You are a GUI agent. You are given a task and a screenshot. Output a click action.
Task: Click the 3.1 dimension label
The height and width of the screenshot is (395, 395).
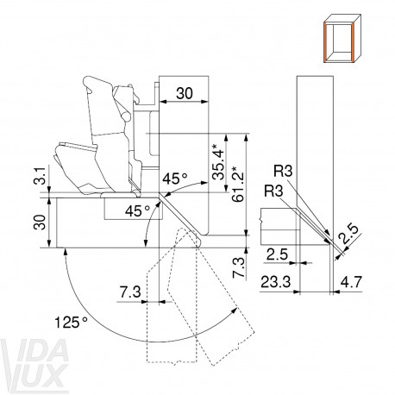41,175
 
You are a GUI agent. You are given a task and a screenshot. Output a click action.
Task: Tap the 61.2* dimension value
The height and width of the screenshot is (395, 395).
239,184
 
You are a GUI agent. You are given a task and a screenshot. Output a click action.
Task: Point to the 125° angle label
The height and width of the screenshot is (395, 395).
71,322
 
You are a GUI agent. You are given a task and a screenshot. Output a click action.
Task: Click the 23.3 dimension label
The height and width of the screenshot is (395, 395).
275,282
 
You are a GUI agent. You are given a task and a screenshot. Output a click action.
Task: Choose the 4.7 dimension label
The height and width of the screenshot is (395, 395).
351,282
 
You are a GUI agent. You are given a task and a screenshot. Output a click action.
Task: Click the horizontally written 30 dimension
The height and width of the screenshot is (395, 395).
185,93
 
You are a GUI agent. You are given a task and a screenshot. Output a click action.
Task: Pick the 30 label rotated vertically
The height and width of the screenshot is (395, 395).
41,222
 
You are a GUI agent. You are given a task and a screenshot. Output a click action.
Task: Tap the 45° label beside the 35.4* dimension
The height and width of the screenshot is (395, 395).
175,179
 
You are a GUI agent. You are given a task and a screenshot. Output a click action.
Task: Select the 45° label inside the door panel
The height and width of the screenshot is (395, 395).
137,211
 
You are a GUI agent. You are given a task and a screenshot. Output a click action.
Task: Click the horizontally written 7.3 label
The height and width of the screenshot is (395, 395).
130,292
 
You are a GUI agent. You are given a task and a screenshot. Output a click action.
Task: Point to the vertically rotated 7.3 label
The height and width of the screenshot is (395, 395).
239,268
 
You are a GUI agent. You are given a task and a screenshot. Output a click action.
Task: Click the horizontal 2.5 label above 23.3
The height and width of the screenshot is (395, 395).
277,254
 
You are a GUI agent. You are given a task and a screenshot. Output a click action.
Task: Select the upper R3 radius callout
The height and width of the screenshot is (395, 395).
283,172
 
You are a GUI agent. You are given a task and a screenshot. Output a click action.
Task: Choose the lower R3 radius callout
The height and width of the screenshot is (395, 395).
273,191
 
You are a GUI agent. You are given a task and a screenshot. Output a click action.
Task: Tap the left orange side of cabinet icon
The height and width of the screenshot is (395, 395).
326,42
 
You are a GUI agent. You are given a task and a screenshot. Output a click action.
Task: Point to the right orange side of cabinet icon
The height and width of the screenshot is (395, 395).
352,42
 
